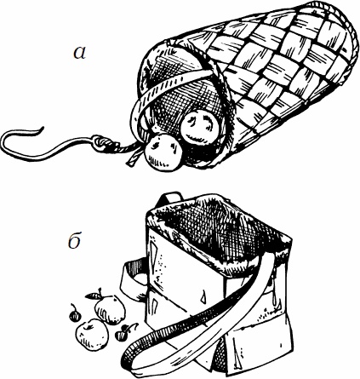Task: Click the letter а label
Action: click(79, 54)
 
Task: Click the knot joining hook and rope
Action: click(101, 142)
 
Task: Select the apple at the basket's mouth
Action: click(163, 152)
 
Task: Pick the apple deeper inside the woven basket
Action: click(200, 126)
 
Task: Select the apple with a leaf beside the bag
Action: click(110, 309)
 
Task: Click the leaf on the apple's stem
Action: click(92, 296)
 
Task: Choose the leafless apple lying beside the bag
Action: click(92, 335)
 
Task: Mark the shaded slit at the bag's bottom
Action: click(219, 355)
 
